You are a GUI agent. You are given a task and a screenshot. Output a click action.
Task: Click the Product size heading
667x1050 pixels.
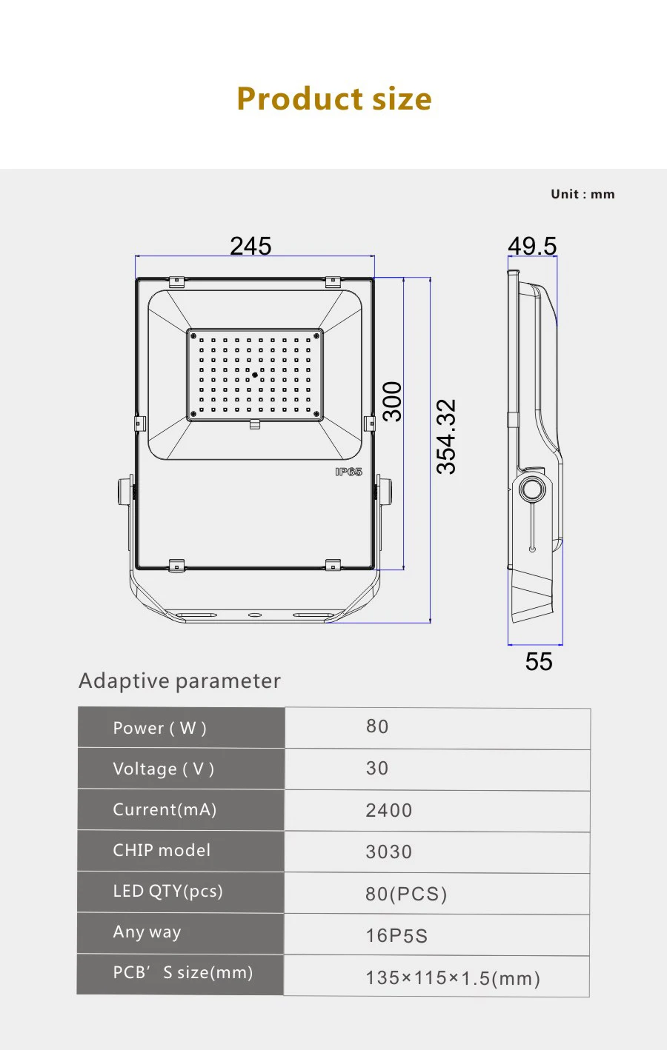coord(334,99)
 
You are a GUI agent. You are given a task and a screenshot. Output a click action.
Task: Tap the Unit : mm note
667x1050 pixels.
coord(583,194)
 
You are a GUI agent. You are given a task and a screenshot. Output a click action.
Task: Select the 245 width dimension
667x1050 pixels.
coord(250,246)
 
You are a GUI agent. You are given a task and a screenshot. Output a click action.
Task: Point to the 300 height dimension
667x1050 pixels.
coord(393,401)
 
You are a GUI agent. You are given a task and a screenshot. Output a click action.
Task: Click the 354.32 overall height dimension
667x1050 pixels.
coord(446,436)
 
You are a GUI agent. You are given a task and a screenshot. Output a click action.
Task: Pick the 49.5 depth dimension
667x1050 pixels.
coord(532,246)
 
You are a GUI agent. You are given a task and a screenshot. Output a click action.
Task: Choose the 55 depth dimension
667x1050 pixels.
coord(539,661)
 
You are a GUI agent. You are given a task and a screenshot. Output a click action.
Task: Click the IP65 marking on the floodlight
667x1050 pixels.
coord(348,472)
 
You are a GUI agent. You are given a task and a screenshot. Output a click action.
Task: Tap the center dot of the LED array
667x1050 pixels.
coord(255,375)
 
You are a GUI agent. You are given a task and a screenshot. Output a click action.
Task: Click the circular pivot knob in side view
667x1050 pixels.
coord(532,489)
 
